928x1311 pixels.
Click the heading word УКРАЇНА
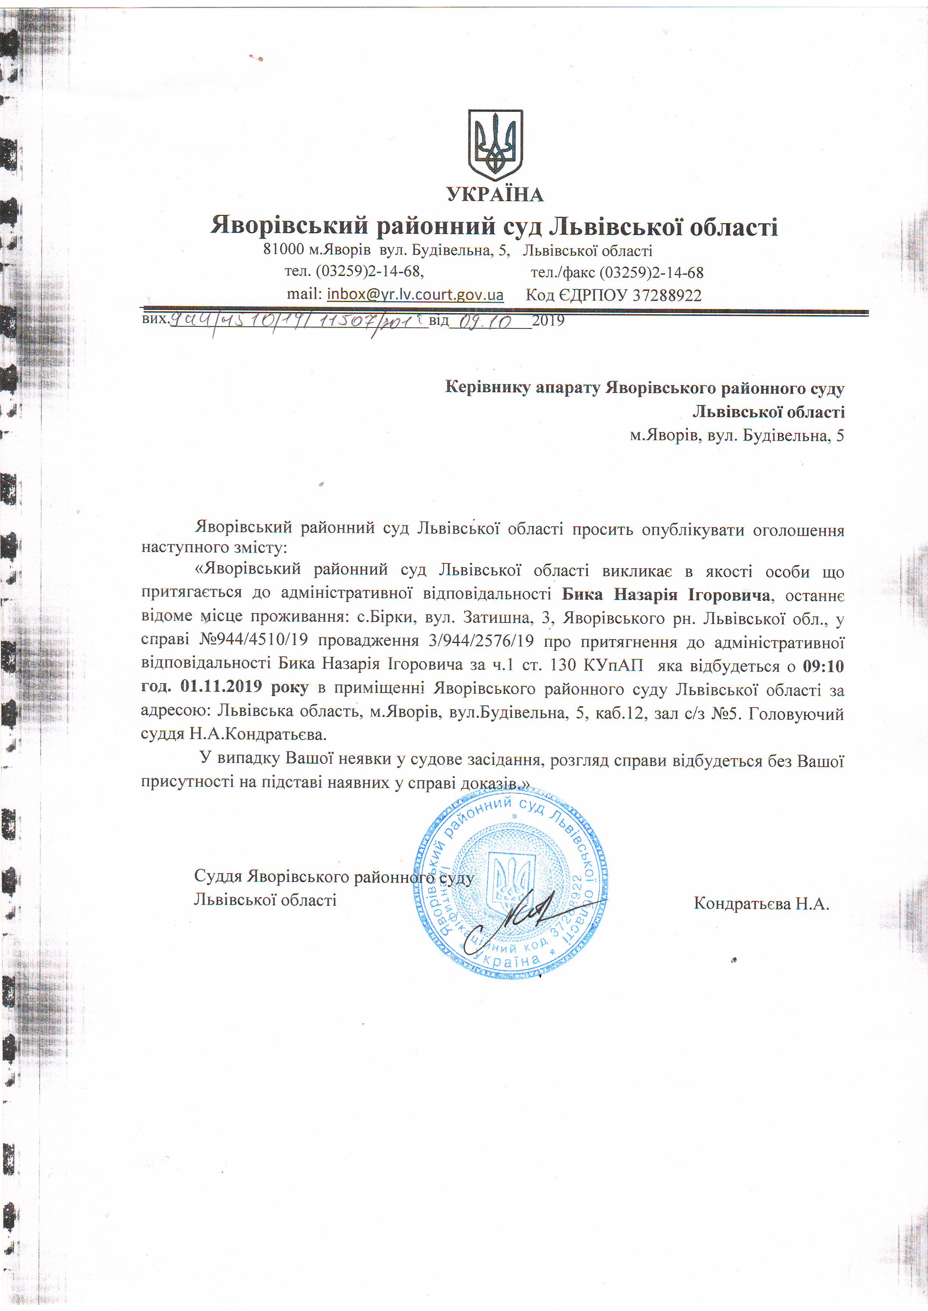tap(495, 195)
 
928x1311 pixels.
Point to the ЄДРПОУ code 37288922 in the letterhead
tap(666, 295)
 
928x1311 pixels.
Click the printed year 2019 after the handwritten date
tap(548, 320)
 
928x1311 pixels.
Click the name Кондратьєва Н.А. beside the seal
tap(761, 903)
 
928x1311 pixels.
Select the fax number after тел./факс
tap(651, 273)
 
